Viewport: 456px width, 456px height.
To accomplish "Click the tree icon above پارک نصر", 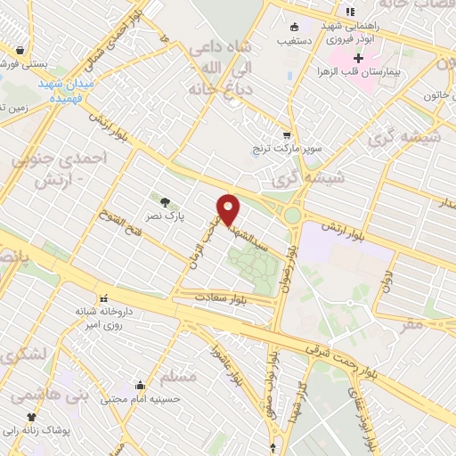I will coord(162,200).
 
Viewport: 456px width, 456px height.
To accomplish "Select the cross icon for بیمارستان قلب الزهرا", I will coord(358,58).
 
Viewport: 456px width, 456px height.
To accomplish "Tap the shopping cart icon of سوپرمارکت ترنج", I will coord(286,136).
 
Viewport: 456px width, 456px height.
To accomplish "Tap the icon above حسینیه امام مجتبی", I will coord(141,386).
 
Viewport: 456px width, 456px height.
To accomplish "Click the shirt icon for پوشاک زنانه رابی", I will coord(33,416).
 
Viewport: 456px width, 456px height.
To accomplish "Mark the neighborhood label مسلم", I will coord(182,377).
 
